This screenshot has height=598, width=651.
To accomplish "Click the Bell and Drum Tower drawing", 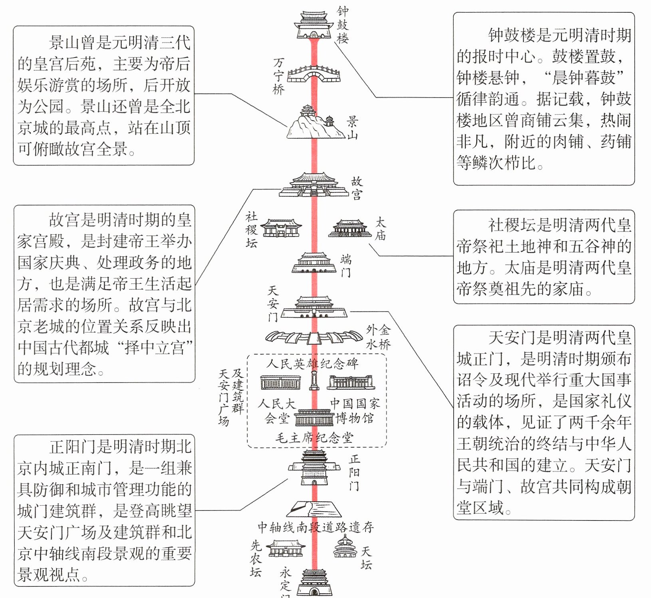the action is click(x=314, y=25).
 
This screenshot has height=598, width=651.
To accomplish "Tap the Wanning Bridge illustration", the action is click(x=314, y=74).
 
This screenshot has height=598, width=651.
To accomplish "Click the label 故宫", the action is click(x=357, y=188).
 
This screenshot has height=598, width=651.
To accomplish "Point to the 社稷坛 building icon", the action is click(x=281, y=228).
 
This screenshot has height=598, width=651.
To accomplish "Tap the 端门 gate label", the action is click(x=345, y=266).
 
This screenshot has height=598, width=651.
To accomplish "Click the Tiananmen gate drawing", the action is click(x=314, y=307).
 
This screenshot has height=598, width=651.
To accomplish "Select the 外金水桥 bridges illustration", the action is click(x=314, y=337).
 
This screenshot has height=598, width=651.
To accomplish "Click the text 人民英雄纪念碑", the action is click(x=312, y=363).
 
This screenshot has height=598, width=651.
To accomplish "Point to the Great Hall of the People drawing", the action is click(x=281, y=382).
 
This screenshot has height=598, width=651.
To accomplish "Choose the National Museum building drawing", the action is click(x=351, y=382).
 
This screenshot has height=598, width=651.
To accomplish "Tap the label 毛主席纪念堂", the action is click(x=314, y=438).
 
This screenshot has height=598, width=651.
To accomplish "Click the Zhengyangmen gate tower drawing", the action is click(x=314, y=467).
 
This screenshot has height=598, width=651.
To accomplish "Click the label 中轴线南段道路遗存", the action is click(x=316, y=527).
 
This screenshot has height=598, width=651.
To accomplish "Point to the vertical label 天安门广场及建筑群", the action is click(x=231, y=397).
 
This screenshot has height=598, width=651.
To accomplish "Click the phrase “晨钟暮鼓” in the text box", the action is click(x=584, y=78).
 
